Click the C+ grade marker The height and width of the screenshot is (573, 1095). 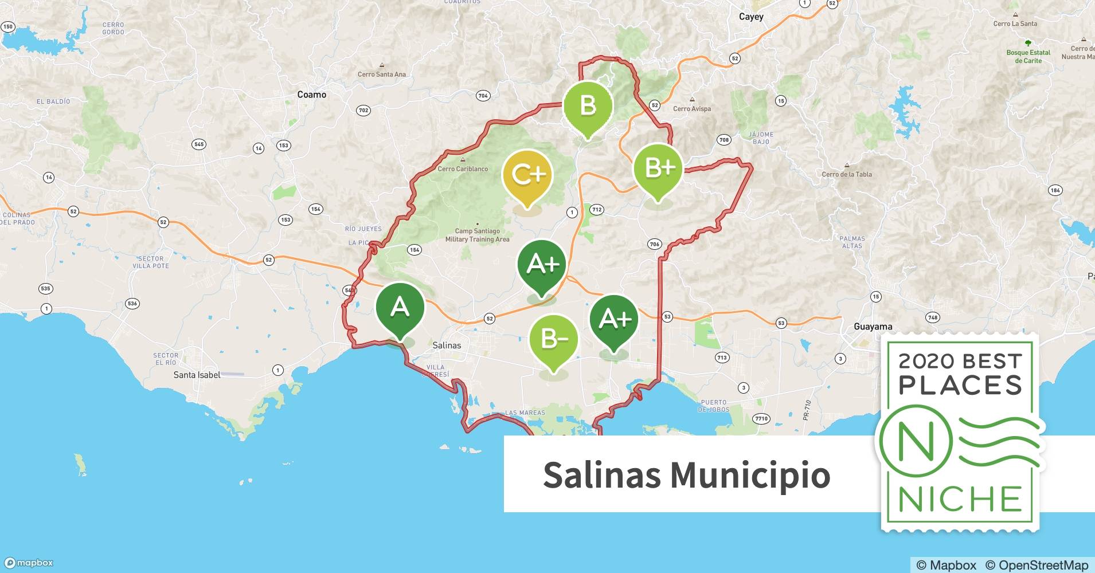coord(527,175)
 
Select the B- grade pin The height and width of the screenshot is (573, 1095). coord(553,340)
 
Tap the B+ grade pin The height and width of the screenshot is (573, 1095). coord(658,168)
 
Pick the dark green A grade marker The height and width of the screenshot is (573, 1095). coord(400,308)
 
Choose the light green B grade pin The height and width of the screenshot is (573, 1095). coord(588,107)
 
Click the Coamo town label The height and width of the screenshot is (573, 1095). coord(311,95)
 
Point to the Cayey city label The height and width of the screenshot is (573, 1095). coord(751,17)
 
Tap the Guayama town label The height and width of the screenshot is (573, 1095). coord(873,327)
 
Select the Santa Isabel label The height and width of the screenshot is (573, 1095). coord(197,375)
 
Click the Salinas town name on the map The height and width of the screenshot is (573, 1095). coord(447,345)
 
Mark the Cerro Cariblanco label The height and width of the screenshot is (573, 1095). coord(463,169)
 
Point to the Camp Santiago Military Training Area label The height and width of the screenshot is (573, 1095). coord(477,236)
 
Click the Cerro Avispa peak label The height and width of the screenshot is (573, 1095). coord(692,109)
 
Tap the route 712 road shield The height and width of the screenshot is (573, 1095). coord(597,210)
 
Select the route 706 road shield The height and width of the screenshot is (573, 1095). coord(654,244)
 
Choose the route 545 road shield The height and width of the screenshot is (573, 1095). coord(199,144)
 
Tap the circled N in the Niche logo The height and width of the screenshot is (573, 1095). coord(916,442)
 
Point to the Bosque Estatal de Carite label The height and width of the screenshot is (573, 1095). coord(1028,56)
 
